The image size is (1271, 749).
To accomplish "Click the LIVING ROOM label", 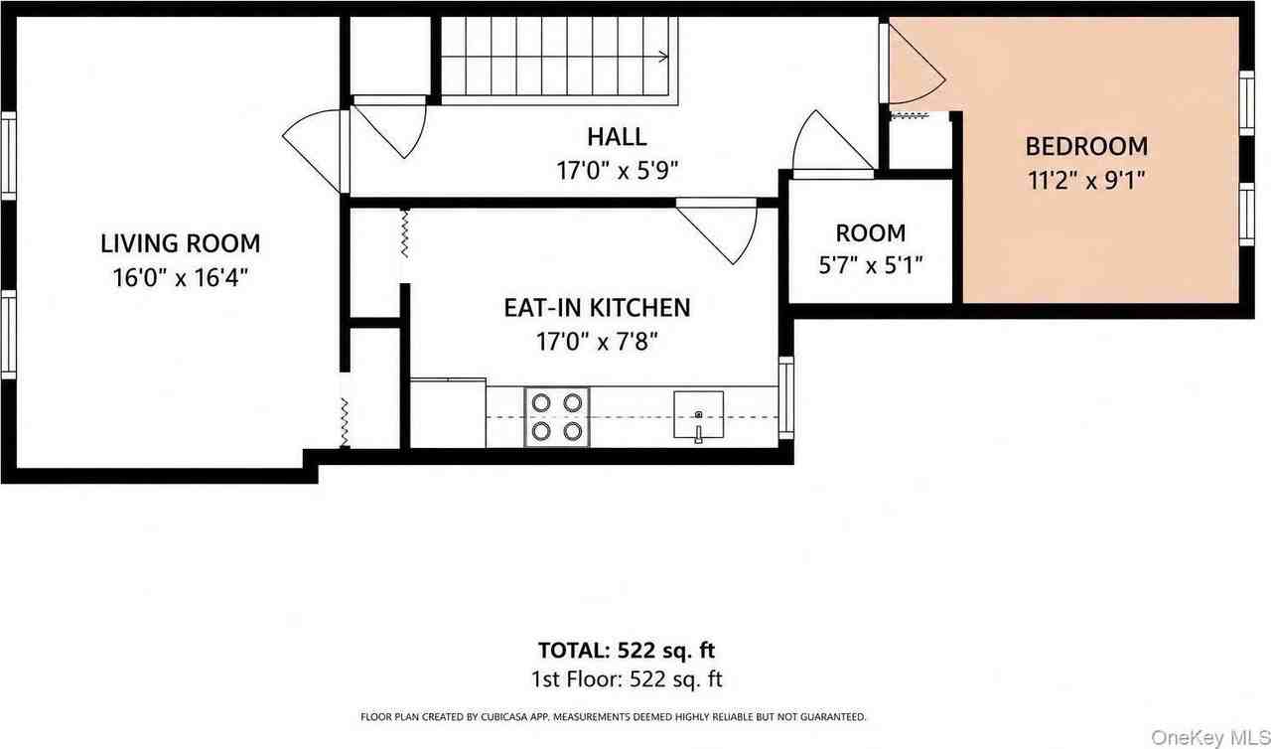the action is point(181,243).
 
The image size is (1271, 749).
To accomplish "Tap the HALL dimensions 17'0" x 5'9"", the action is point(618,170).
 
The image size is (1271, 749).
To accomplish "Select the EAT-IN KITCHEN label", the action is point(597,308).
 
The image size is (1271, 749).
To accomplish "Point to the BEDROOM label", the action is point(1086,146).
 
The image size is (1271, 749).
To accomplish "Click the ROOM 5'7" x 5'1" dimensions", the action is point(871,265).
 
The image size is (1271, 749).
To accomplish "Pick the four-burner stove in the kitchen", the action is point(557,417).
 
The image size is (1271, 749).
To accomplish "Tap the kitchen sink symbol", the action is point(698,415).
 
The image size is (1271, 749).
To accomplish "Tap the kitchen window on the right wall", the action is point(785,397).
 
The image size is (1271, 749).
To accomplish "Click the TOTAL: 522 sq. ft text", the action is point(627,651).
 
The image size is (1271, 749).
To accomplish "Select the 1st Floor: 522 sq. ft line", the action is point(627,679).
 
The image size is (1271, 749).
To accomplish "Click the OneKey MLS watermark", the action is point(1210,738).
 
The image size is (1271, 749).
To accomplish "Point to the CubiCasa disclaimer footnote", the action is point(614,717).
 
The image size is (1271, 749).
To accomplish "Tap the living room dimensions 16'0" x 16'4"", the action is point(181,278).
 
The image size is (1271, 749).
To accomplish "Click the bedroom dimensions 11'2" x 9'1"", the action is point(1086,181).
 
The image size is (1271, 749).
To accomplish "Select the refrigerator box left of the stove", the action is point(448,413).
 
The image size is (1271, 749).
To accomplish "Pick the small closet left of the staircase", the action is point(390,56).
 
